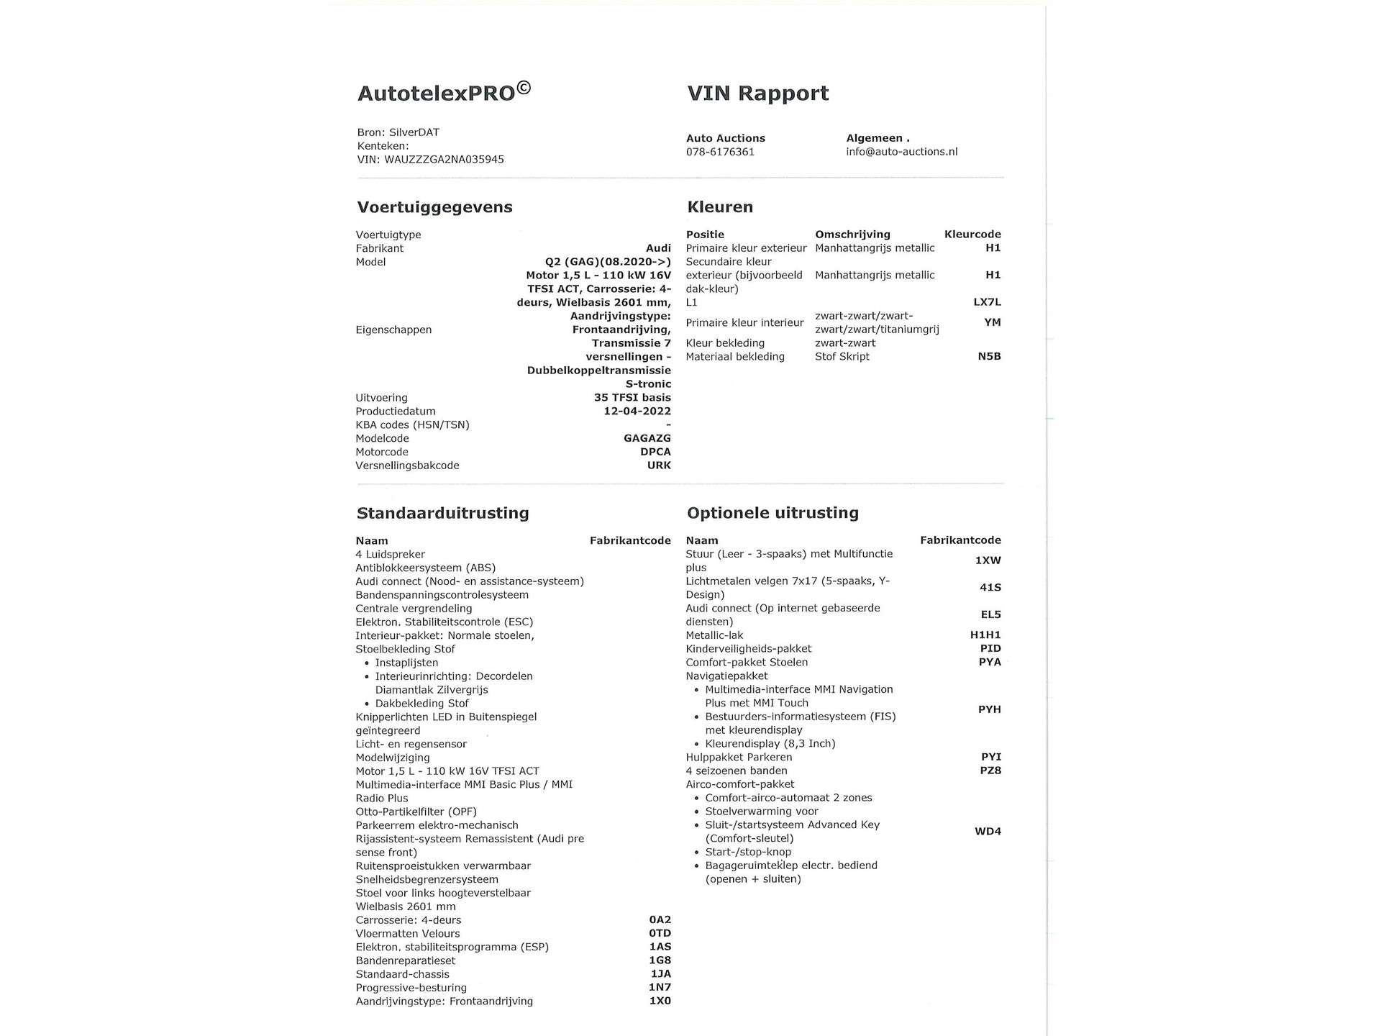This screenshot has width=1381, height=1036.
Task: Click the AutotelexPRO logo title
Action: click(x=444, y=92)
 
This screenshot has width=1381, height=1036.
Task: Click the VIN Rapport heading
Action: click(x=757, y=94)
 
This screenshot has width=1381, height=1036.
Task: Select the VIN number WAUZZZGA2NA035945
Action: click(x=444, y=160)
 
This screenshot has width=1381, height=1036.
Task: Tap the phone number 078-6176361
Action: click(x=720, y=152)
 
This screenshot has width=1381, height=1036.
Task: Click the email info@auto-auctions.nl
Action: click(x=901, y=152)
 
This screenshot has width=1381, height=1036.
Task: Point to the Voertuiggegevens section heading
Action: click(x=434, y=207)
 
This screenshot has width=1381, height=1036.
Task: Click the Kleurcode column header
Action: click(x=972, y=235)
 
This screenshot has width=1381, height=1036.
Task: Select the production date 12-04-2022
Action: click(x=637, y=412)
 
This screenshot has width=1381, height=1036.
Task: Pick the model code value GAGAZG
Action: click(x=647, y=438)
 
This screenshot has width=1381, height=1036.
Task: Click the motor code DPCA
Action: click(x=655, y=452)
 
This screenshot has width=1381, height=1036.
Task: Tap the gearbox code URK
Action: click(x=659, y=465)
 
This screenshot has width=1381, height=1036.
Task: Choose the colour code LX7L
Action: click(x=987, y=302)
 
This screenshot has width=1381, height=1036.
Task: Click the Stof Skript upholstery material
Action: click(x=842, y=357)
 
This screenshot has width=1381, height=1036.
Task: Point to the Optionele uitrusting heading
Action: click(x=772, y=513)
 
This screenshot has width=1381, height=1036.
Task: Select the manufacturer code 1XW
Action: click(x=988, y=560)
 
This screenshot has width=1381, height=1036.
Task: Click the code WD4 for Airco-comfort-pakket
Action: click(x=988, y=832)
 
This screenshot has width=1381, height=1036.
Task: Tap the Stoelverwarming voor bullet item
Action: click(x=761, y=812)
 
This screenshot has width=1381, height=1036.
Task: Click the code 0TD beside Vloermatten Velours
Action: click(x=660, y=934)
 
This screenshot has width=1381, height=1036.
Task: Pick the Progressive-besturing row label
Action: click(x=411, y=988)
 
